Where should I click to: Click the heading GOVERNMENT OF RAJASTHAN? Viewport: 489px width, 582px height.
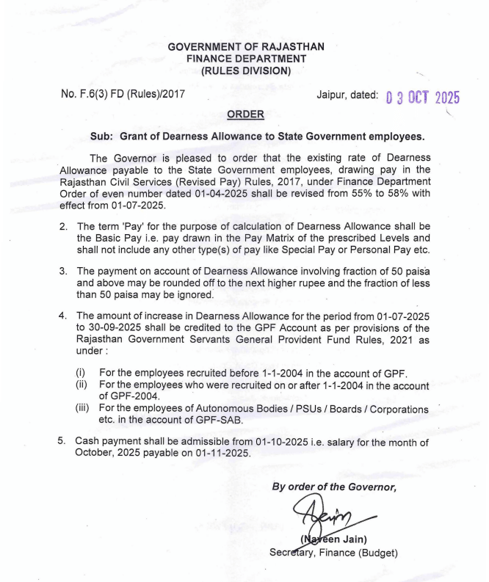click(245, 46)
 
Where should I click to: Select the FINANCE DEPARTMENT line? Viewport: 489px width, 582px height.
click(245, 59)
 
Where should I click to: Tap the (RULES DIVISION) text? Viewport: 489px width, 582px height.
click(245, 71)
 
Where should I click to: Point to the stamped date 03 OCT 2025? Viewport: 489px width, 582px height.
click(421, 98)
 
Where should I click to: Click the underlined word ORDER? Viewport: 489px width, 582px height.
click(245, 115)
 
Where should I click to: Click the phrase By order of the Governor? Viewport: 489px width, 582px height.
click(334, 487)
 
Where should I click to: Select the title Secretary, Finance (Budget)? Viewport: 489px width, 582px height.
click(333, 552)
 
